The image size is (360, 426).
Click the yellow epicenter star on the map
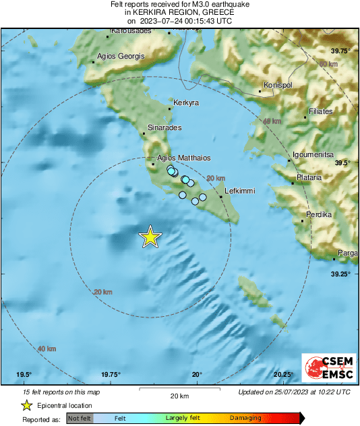[x=150, y=237]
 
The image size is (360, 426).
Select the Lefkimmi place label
[x=239, y=191]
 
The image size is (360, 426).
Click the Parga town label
[x=348, y=253]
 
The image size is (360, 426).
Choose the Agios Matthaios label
[x=184, y=158]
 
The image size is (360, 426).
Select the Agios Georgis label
[x=121, y=56]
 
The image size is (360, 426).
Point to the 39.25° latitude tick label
[x=340, y=274]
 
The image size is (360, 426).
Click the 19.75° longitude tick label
[x=111, y=375]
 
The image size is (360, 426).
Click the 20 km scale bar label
[x=179, y=395]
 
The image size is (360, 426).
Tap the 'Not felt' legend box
[x=80, y=418]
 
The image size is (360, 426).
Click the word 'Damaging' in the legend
[x=245, y=418]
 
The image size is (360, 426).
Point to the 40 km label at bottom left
[x=47, y=348]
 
